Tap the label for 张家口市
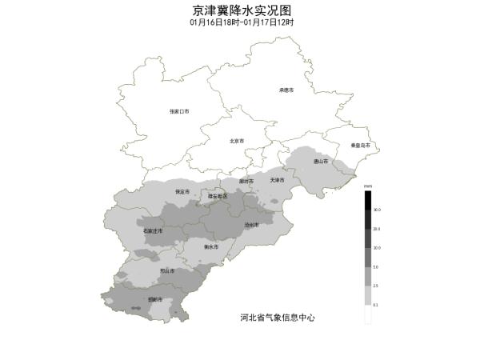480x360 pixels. coord(179,111)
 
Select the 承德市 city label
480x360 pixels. coord(286,90)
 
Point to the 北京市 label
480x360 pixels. coord(237,141)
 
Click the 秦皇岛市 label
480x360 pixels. coord(361,145)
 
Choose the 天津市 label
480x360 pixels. coord(278,179)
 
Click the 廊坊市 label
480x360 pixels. coord(246,181)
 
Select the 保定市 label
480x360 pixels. coord(182,192)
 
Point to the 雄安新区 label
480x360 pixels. coord(218,195)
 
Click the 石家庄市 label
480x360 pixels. coord(153,230)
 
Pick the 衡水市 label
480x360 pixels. coord(211,247)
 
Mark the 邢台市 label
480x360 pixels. coord(166,271)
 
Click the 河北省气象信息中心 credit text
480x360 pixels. coord(278,318)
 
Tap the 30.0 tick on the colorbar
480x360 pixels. coord(377,210)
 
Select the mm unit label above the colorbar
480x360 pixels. coord(368,186)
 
